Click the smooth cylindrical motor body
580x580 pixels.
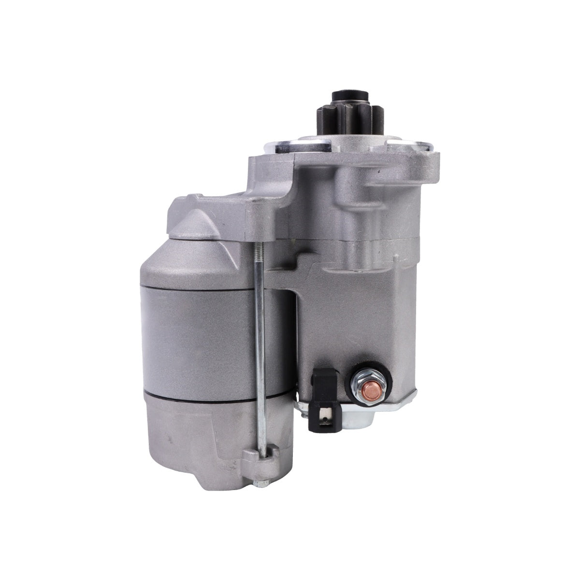click(203, 338)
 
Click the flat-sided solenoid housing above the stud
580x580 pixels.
click(358, 314)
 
